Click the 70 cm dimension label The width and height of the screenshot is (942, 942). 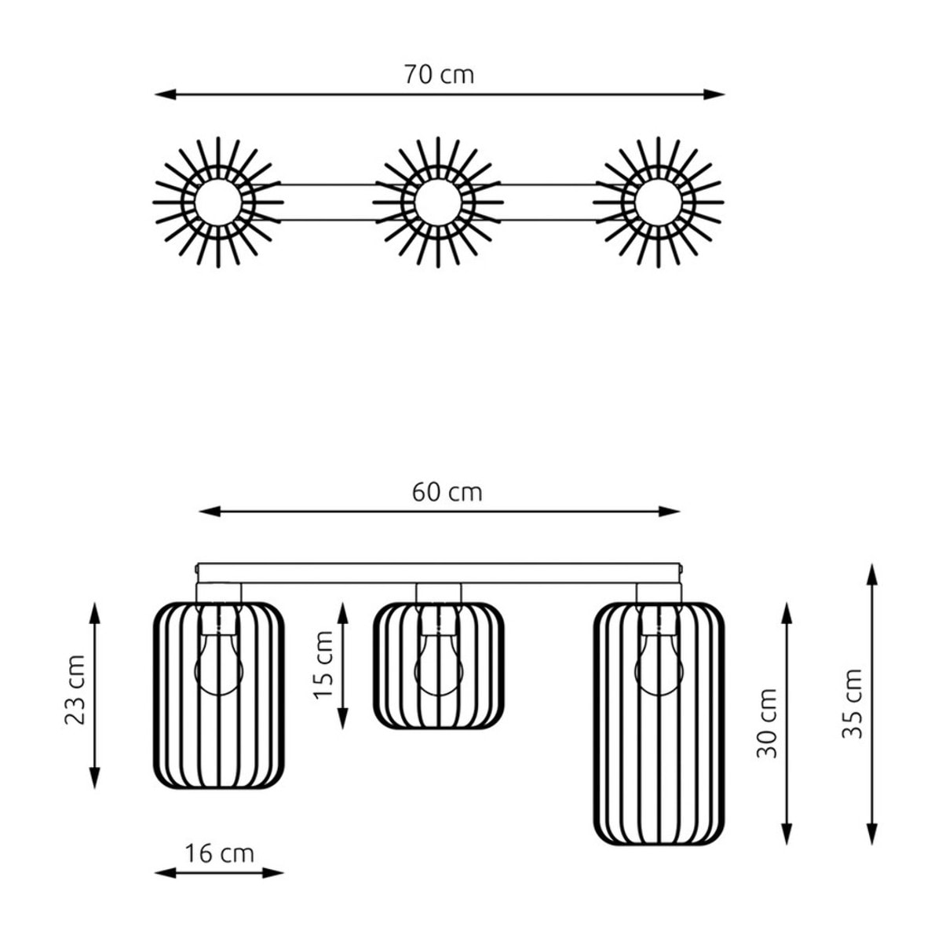[439, 75]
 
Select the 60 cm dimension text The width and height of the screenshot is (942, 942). [447, 492]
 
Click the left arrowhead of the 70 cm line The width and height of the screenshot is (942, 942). [165, 94]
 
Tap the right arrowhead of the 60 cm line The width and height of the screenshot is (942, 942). [670, 512]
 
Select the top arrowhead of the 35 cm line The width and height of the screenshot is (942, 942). [871, 575]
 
